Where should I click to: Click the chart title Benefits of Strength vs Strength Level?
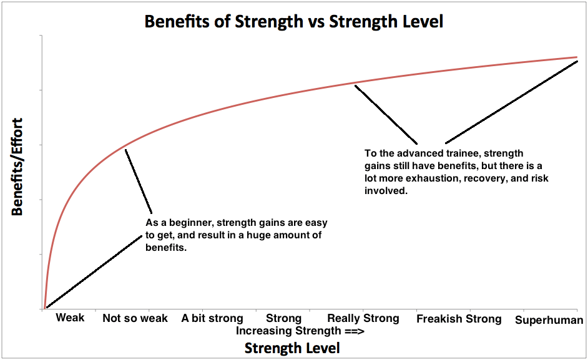coord(293,21)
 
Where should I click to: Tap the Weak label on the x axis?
coord(70,318)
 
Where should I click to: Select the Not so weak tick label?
coord(135,318)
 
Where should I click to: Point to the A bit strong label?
coord(212,318)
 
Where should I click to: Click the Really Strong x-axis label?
coord(363,318)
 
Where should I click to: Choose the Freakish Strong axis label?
coord(459,319)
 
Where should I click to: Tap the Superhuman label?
coord(549,320)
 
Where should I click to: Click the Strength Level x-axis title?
coord(292,348)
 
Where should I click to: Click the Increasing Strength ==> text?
coord(300,331)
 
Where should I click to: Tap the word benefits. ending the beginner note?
coord(167,247)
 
